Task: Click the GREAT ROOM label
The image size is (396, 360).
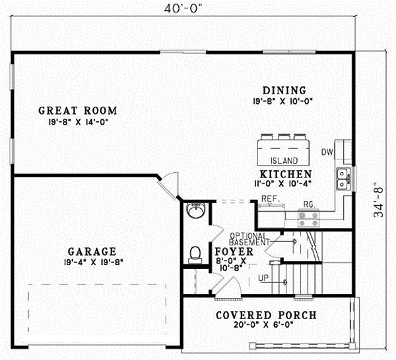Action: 77,110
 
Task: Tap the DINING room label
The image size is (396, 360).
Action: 284,90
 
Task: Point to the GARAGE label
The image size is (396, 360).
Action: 92,251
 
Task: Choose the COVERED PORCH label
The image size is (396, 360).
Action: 266,315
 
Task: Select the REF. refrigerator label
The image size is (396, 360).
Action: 268,198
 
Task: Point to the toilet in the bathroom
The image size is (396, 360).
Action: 195,253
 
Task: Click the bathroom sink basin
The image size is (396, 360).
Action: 195,212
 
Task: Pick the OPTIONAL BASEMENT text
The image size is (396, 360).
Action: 249,239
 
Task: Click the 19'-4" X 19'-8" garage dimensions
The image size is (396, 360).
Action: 92,261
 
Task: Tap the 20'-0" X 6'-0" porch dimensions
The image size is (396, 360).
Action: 266,325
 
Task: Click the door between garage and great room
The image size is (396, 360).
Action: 170,184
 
